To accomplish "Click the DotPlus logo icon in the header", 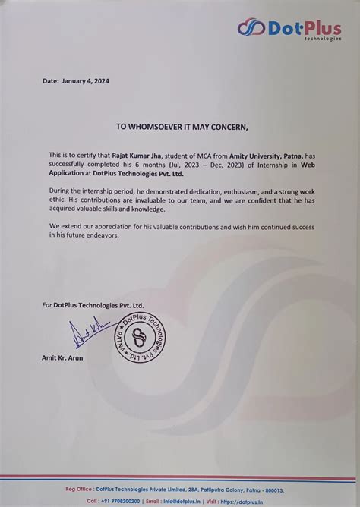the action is (251, 28).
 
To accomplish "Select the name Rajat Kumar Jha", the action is (138, 153).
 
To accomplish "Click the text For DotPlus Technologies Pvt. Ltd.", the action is (93, 304).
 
